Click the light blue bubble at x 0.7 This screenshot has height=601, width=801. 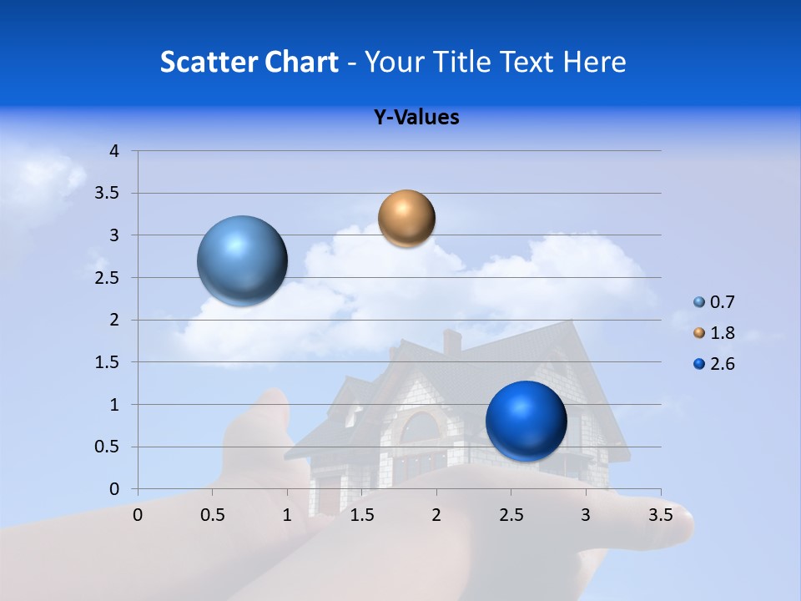coord(242,260)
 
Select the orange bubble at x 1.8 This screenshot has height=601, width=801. coord(406,218)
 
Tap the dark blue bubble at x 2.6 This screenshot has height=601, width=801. coord(526,421)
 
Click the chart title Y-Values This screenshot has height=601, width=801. coord(416,118)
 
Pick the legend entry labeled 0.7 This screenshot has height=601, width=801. coord(722,302)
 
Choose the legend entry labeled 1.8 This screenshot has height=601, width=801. coord(722,333)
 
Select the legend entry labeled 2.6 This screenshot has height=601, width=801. coord(722,364)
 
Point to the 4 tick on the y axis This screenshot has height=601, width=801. coord(114,151)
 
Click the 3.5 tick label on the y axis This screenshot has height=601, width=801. coord(107,194)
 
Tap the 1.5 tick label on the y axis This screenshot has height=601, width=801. coord(107,362)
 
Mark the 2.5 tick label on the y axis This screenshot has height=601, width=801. coord(107,278)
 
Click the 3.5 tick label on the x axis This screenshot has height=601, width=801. coord(660,515)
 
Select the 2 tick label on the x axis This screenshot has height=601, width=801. coord(436,515)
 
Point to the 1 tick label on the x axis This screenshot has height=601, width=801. coord(287,515)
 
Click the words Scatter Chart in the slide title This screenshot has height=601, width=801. coord(249,62)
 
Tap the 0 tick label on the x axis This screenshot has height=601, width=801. coord(138,515)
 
